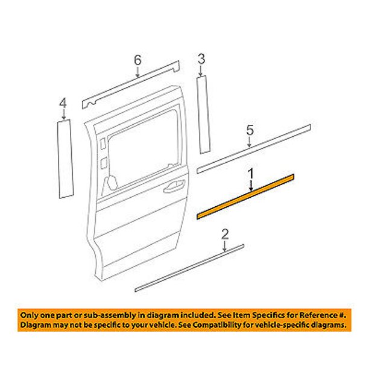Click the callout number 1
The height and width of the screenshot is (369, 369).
[251, 174]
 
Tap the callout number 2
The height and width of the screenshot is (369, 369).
[225, 235]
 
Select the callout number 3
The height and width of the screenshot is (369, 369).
[201, 59]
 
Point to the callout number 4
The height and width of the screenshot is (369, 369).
[63, 103]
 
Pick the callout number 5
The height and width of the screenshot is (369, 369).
[250, 130]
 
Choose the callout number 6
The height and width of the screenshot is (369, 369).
[137, 60]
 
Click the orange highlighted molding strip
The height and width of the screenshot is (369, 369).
[245, 197]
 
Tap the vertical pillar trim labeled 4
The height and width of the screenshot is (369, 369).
[66, 159]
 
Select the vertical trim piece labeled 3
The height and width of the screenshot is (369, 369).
[203, 115]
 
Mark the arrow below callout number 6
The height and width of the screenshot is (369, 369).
[137, 72]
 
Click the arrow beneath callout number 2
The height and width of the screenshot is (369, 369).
[225, 246]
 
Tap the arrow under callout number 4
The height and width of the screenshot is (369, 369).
[63, 115]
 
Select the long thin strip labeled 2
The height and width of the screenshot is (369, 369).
[189, 268]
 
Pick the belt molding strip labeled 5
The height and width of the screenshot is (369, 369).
[254, 149]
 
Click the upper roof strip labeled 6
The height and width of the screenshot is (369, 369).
[131, 85]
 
